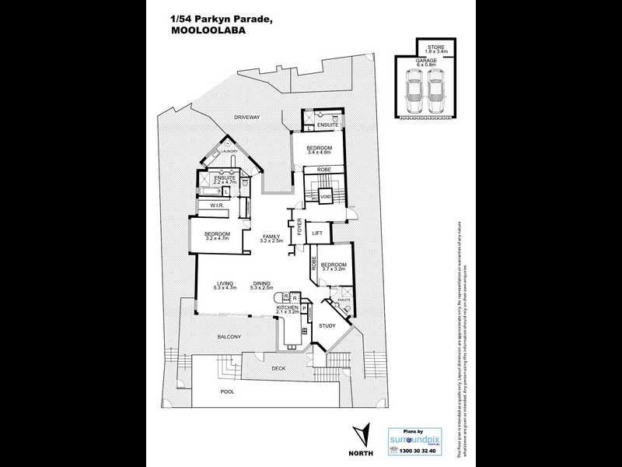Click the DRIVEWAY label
247,117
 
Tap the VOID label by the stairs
325,197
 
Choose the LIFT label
317,232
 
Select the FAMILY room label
271,236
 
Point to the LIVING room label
225,283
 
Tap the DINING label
261,283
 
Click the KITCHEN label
288,309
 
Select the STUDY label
327,325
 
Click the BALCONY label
228,336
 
